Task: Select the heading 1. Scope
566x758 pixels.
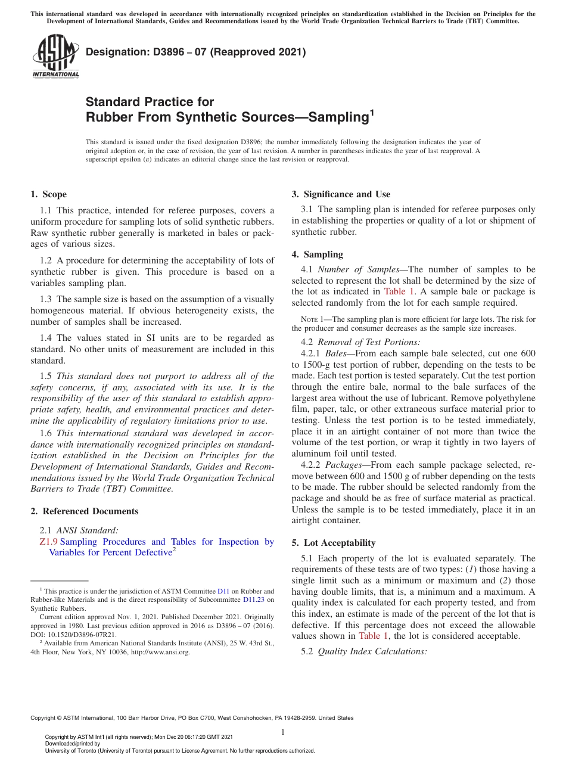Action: pyautogui.click(x=48, y=194)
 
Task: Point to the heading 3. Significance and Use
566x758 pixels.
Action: pyautogui.click(x=341, y=194)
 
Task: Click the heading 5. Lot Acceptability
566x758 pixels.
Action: pyautogui.click(x=334, y=543)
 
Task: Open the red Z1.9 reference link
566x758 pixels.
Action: pyautogui.click(x=48, y=542)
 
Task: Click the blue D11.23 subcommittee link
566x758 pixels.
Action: pyautogui.click(x=254, y=599)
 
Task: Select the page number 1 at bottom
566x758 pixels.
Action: pyautogui.click(x=283, y=732)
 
